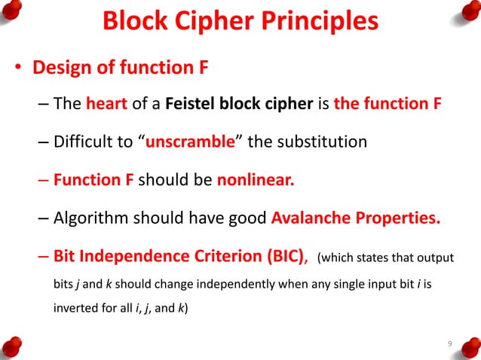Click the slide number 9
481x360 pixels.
[x=449, y=345]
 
